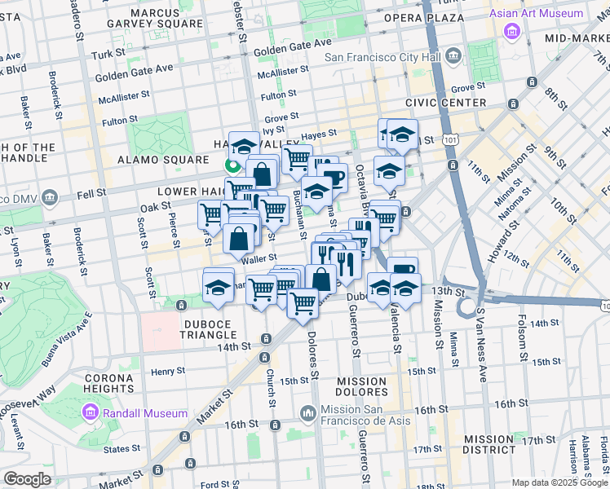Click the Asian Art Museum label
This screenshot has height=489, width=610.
tap(536, 14)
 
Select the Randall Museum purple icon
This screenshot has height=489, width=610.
tap(93, 414)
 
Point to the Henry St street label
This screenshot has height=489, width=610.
tap(168, 371)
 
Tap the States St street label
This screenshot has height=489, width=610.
tap(122, 448)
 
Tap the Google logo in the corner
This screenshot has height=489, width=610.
tap(28, 479)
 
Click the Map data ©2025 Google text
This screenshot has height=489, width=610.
tap(559, 482)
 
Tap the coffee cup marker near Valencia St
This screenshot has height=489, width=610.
tap(402, 271)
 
